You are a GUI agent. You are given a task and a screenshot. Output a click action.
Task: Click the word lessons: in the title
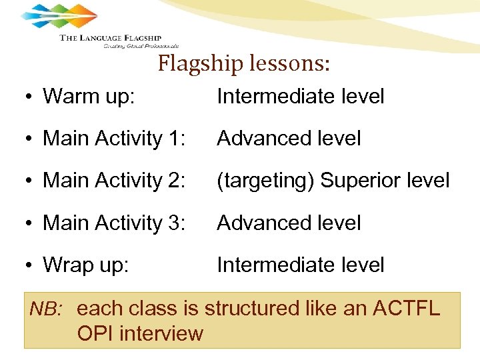(x=291, y=65)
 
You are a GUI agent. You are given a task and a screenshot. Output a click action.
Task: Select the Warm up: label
(x=89, y=97)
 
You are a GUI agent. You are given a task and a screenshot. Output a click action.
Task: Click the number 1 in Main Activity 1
(x=177, y=139)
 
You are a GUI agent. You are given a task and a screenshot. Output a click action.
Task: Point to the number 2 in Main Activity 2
(x=177, y=181)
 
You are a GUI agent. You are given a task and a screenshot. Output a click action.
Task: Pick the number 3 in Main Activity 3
(x=177, y=223)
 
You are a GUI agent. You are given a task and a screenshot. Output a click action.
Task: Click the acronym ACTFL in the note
(x=407, y=309)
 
